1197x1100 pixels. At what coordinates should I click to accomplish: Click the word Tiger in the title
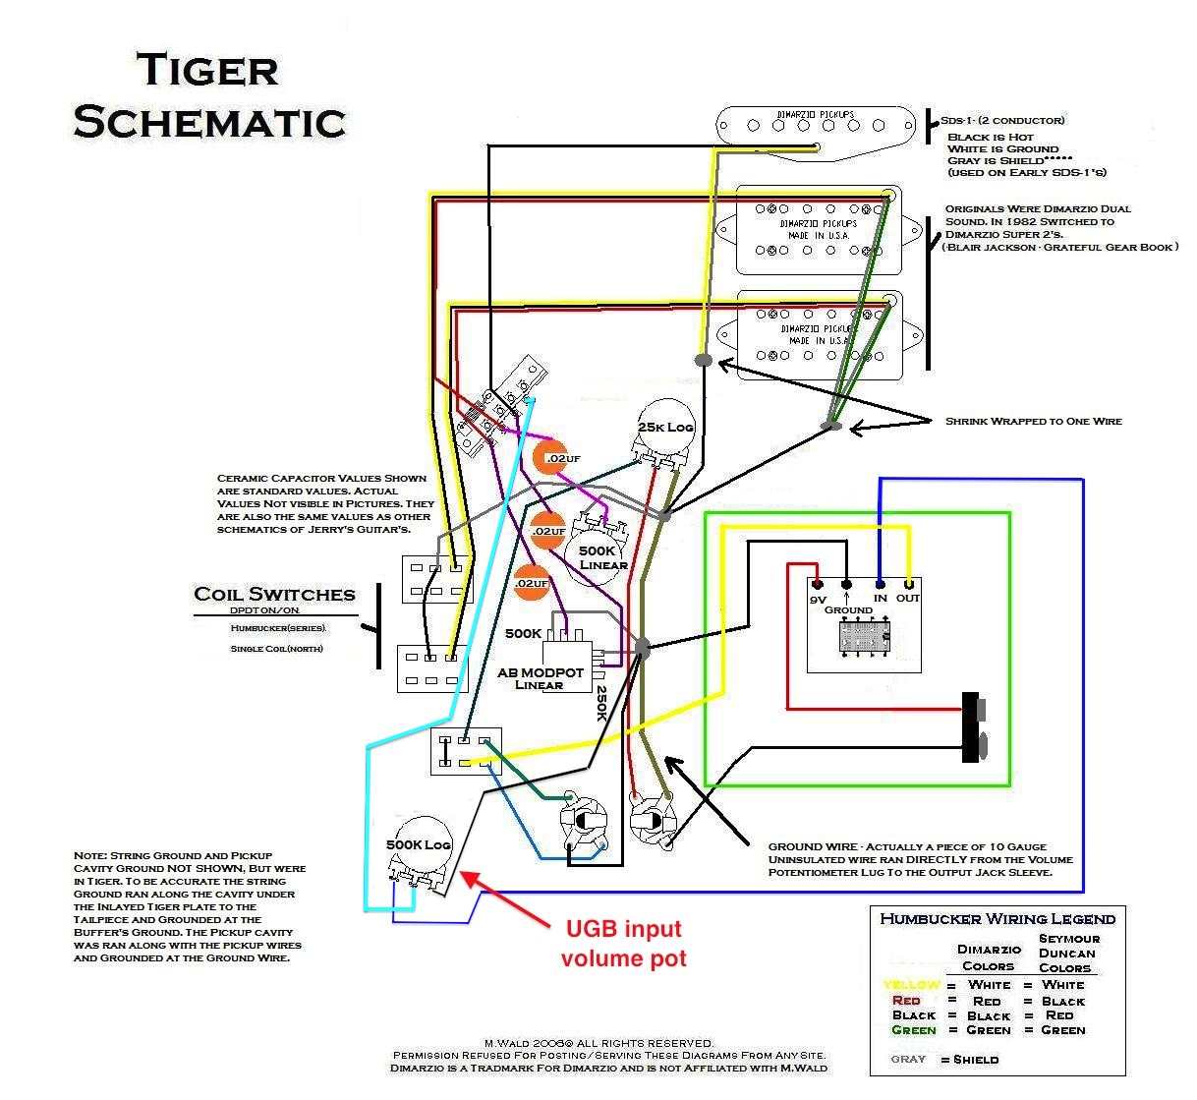tap(207, 70)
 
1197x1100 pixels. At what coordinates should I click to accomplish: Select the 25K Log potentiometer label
tap(665, 427)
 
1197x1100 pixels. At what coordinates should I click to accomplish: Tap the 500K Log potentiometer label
tap(419, 844)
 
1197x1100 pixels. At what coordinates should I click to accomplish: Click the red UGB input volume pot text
tap(623, 943)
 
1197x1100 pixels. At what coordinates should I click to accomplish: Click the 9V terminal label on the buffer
tap(818, 599)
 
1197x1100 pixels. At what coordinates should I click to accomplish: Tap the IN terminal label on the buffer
tap(880, 598)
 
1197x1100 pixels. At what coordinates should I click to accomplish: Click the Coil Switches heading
tap(274, 594)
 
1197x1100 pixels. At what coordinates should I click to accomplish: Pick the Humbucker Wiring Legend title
tap(997, 919)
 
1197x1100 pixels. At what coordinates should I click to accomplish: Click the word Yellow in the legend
tap(911, 985)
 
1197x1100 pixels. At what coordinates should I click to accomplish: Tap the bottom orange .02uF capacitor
tap(532, 583)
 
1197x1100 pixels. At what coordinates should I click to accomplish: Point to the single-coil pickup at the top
tap(817, 125)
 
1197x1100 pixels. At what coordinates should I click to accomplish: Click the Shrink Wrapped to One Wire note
tap(1033, 421)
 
